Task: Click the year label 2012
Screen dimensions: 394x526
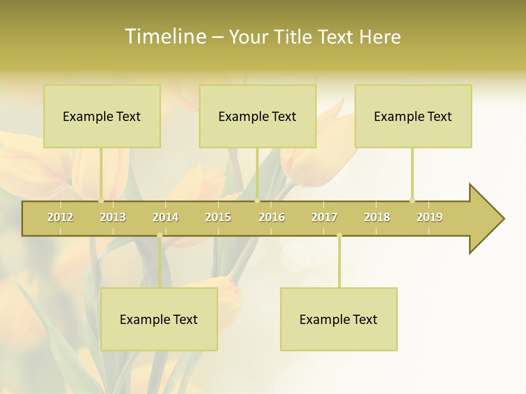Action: tap(60, 217)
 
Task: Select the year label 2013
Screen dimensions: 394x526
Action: tap(113, 217)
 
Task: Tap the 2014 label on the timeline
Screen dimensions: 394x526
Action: tap(165, 217)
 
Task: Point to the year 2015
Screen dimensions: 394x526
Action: tap(218, 217)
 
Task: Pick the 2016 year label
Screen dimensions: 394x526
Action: tap(272, 217)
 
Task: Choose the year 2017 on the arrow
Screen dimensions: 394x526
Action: tap(324, 217)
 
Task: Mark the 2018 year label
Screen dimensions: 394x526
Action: tap(377, 217)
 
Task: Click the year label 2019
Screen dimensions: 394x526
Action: tap(430, 217)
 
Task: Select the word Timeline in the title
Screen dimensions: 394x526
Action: tap(165, 37)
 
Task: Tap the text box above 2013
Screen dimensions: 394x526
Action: tap(102, 116)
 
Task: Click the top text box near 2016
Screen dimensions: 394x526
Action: tap(258, 116)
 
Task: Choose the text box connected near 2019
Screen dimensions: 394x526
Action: tap(413, 116)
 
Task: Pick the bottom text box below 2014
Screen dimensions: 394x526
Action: tap(159, 319)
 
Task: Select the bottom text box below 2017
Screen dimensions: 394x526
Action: tap(339, 319)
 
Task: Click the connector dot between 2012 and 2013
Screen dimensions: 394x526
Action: tap(101, 200)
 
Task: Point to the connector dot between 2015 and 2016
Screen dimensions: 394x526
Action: tap(257, 200)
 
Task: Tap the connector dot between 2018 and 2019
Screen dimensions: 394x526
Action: tap(412, 200)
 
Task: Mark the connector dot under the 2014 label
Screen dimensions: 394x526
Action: tap(159, 235)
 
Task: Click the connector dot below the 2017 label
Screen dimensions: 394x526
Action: tap(339, 235)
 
